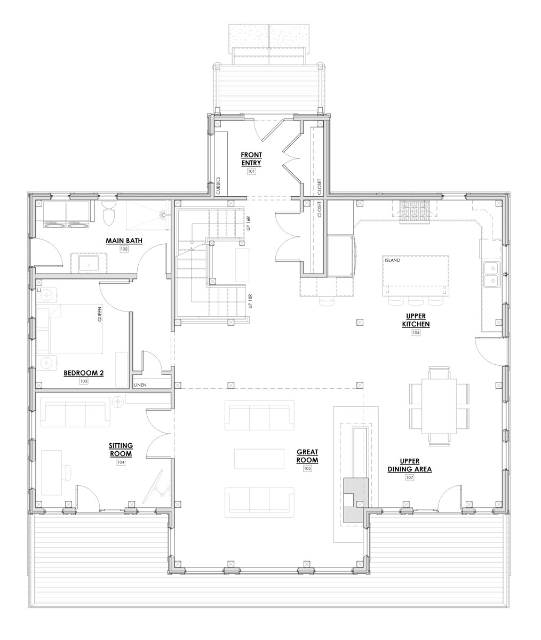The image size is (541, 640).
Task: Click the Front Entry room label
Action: pos(251,159)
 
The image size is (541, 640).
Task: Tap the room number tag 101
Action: pos(251,171)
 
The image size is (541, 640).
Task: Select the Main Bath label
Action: pos(124,241)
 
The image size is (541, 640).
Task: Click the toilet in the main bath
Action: pos(108,214)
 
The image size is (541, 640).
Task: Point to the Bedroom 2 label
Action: pos(84,373)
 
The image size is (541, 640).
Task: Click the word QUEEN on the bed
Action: pos(99,314)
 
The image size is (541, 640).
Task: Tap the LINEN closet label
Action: pos(140,385)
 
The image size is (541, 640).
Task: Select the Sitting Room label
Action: pos(121,450)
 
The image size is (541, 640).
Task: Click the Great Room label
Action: pos(307,456)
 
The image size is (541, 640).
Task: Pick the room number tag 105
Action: pos(307,468)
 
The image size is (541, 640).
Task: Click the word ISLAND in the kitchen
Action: pos(393,260)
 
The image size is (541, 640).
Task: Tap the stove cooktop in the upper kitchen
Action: pos(415,212)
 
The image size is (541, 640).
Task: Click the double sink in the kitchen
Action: pos(492,274)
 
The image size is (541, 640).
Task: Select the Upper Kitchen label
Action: pos(416,320)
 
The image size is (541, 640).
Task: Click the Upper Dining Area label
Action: pos(410,465)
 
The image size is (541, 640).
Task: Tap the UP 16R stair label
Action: pos(249,223)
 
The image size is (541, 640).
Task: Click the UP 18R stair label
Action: pos(250,301)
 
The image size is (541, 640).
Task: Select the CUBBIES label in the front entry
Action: pos(218,186)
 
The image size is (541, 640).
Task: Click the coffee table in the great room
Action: pos(259,459)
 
